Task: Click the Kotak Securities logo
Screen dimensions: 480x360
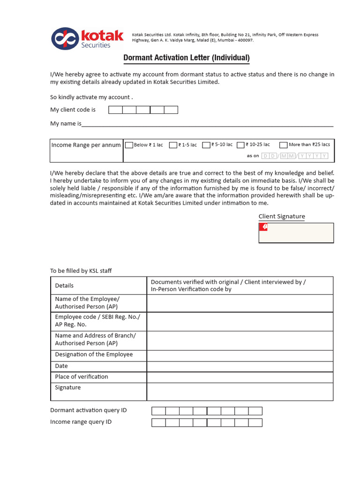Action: pyautogui.click(x=87, y=38)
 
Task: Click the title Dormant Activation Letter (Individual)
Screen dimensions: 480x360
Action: pyautogui.click(x=186, y=58)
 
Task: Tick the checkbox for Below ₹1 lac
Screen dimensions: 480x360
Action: pyautogui.click(x=129, y=145)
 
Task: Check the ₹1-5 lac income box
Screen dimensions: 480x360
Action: pyautogui.click(x=173, y=145)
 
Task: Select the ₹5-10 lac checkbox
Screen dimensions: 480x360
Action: pyautogui.click(x=206, y=145)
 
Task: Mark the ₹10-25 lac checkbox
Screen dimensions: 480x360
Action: pyautogui.click(x=241, y=145)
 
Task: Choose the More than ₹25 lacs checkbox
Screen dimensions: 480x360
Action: pyautogui.click(x=283, y=145)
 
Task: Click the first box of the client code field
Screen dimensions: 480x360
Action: pyautogui.click(x=115, y=110)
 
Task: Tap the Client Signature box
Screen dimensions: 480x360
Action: pyautogui.click(x=296, y=233)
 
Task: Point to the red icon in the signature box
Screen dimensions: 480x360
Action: pyautogui.click(x=264, y=227)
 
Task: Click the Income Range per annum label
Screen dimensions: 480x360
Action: pyautogui.click(x=86, y=145)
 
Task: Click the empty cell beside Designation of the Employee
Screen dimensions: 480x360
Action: pyautogui.click(x=240, y=355)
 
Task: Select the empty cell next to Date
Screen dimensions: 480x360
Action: pyautogui.click(x=240, y=366)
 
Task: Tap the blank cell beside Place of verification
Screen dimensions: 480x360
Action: pyautogui.click(x=240, y=377)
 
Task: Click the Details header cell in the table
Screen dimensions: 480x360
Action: pyautogui.click(x=98, y=285)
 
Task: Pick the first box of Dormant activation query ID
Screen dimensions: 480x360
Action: pyautogui.click(x=158, y=411)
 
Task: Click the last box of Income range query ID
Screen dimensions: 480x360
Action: pyautogui.click(x=255, y=423)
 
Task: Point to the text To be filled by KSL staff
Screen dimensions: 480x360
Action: pyautogui.click(x=81, y=271)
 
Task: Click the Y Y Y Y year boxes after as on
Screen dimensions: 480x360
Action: pyautogui.click(x=314, y=156)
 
